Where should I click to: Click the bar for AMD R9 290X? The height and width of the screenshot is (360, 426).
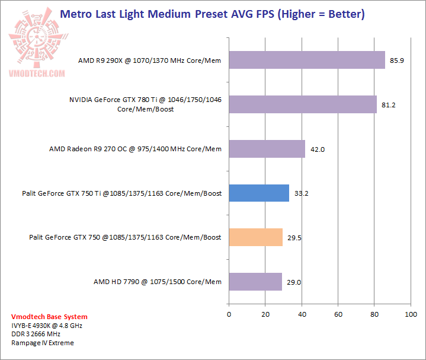click(306, 60)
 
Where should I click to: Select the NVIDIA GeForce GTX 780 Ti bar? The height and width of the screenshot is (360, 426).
click(302, 104)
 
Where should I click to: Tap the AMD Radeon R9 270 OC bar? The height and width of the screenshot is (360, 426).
click(267, 149)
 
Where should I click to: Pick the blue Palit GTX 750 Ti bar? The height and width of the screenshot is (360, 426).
click(258, 193)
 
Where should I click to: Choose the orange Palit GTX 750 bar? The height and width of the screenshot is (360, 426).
click(255, 237)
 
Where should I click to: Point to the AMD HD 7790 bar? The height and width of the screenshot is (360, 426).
click(255, 282)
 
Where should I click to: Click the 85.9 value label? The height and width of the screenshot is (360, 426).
click(397, 60)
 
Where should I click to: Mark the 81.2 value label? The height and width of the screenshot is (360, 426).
click(389, 105)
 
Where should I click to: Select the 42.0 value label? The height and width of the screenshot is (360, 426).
click(318, 149)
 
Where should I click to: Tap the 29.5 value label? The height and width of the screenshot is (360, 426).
click(294, 238)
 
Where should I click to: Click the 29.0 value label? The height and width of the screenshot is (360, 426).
click(294, 282)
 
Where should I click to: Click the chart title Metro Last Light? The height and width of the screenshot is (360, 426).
click(213, 13)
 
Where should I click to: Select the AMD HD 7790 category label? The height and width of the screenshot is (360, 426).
click(157, 282)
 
